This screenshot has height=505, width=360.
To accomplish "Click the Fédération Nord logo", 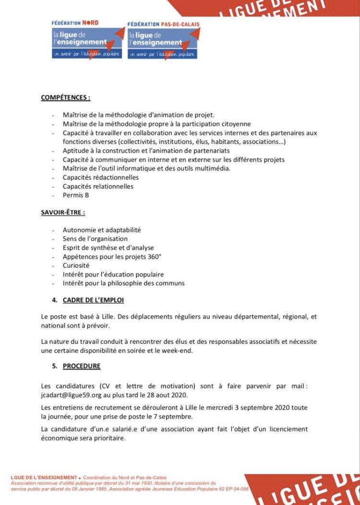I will tap(87, 40).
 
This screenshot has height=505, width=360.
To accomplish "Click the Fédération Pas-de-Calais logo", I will tap(163, 40).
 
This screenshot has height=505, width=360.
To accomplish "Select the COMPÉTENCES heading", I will tap(65, 97).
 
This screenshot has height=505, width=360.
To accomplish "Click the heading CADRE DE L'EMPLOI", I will tap(93, 300).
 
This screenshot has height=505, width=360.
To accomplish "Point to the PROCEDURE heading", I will tap(82, 366).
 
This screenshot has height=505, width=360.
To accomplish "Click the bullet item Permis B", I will tap(76, 195).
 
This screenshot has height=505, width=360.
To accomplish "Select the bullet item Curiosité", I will tap(76, 265).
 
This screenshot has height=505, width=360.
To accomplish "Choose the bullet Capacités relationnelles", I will tap(98, 186).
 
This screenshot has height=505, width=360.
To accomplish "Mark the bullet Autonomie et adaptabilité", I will tap(102, 230).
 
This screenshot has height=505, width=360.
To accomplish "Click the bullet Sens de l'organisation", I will tap(95, 239).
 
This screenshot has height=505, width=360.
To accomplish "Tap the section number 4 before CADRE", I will tap(54, 300).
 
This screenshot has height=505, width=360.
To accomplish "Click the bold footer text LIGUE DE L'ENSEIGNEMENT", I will tap(43, 478).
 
